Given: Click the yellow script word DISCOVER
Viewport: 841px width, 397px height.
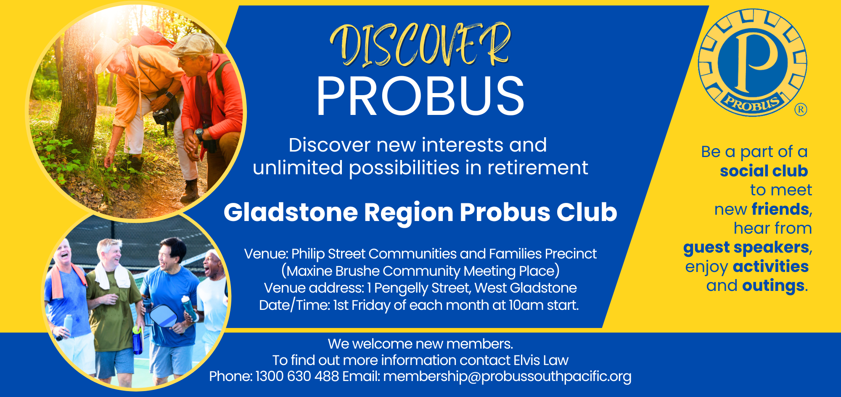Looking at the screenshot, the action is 420,45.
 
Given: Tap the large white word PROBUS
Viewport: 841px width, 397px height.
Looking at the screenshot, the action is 420,96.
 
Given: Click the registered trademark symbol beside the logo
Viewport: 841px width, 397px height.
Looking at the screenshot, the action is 801,110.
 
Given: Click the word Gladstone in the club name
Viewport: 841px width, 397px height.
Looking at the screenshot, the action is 291,212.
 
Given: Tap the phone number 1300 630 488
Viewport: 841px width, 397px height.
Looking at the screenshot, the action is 297,376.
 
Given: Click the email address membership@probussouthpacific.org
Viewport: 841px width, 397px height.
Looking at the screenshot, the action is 507,376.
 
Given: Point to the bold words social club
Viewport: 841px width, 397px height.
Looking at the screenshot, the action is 764,171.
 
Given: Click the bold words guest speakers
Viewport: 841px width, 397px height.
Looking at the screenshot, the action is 746,248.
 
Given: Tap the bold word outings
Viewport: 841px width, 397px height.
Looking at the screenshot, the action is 773,286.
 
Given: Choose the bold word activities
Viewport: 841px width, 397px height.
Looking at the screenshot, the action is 770,266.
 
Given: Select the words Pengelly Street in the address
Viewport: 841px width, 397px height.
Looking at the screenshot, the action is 422,288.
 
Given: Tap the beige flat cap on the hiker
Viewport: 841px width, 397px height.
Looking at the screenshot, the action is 192,45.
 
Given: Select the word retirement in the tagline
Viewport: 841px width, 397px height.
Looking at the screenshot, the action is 538,168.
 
